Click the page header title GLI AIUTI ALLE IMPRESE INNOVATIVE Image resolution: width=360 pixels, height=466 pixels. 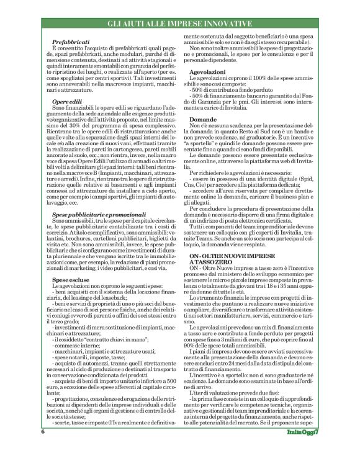pos(179,24)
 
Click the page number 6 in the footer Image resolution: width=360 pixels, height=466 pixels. pos(42,447)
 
